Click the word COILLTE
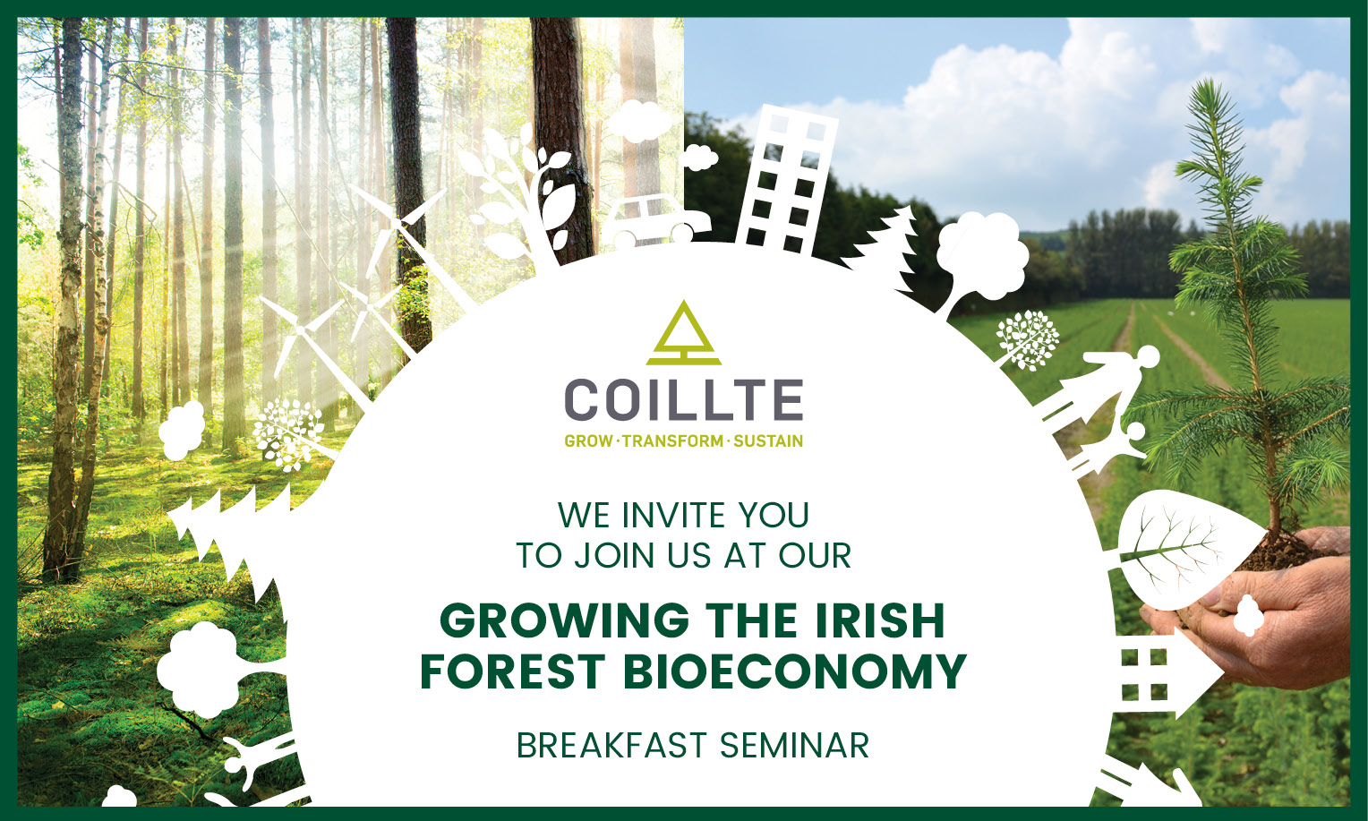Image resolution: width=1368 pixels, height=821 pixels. [683, 400]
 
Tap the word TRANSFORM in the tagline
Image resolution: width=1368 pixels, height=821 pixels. [672, 441]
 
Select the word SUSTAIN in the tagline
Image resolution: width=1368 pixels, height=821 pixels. [768, 441]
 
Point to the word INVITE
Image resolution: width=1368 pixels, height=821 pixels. [673, 515]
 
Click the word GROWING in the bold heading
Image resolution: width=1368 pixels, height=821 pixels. [564, 620]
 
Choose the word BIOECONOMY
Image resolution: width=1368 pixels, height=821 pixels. [794, 671]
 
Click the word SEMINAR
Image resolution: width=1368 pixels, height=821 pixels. [794, 746]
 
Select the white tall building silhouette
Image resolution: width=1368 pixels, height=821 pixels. [787, 180]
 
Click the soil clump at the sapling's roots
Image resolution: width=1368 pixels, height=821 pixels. [1282, 552]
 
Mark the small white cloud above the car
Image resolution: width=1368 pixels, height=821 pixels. [700, 157]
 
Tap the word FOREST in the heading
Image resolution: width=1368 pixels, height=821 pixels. [512, 671]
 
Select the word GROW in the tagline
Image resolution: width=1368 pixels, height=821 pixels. [588, 441]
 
